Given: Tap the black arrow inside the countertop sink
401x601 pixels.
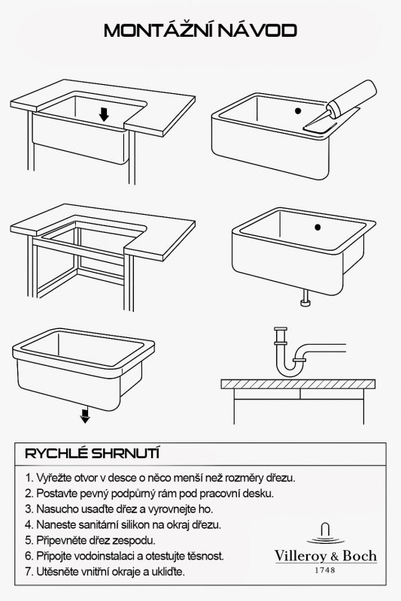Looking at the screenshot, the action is [104, 114].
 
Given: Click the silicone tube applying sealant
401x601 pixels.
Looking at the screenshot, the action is [351, 98].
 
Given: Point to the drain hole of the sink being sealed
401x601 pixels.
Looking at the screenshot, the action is [298, 111].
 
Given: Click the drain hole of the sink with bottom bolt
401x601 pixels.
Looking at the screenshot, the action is [317, 228].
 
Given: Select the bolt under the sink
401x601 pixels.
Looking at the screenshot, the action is [305, 298].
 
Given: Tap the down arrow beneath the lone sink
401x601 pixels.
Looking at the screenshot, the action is [85, 415].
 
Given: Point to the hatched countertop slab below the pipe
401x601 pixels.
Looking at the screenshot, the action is [298, 384].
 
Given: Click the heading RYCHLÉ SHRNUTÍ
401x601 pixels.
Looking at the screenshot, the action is [92, 454].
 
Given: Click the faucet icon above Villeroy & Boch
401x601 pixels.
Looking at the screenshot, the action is [326, 533].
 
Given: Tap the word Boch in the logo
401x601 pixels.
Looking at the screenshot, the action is [360, 556].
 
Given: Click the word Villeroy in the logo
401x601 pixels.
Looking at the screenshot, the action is [300, 557].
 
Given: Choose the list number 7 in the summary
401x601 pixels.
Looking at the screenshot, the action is [28, 572].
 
